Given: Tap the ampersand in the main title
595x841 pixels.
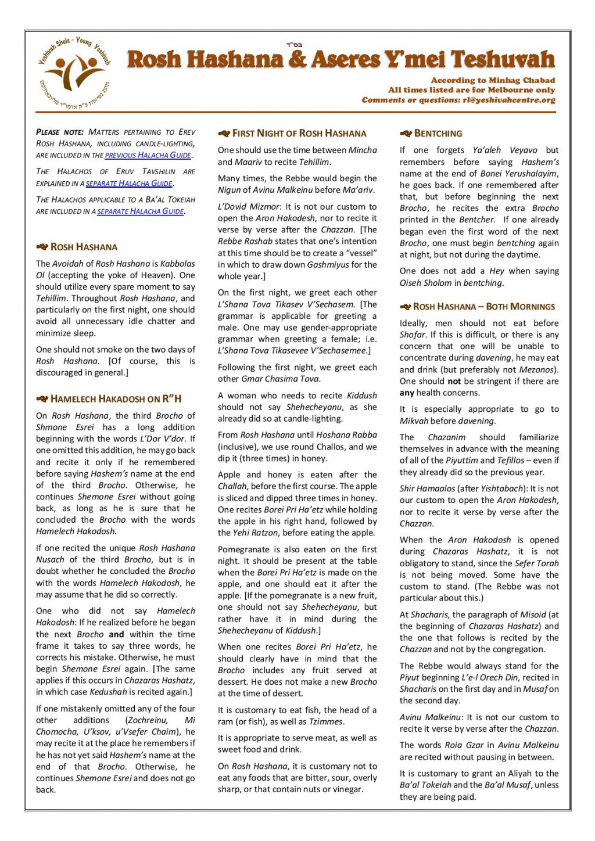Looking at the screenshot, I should [x=297, y=59].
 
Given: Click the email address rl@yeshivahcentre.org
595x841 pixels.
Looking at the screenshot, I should [x=509, y=100].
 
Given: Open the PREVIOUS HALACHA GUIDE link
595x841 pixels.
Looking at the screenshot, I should [x=148, y=155].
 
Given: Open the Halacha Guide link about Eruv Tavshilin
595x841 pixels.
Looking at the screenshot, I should [x=129, y=184].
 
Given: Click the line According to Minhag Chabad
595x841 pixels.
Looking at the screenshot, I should [x=493, y=80].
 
